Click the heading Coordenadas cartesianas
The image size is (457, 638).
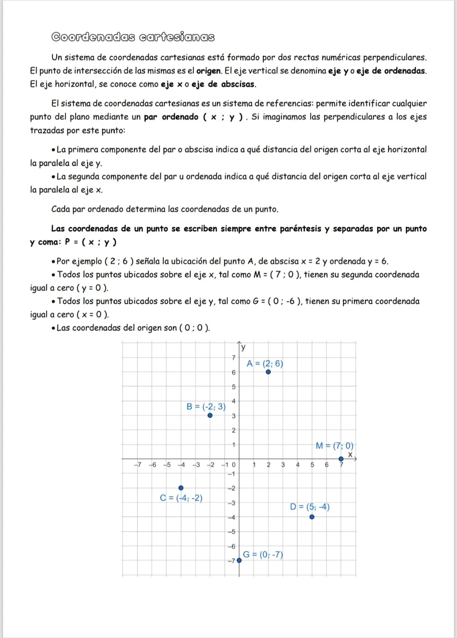(x=133, y=37)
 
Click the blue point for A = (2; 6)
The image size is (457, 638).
(x=268, y=372)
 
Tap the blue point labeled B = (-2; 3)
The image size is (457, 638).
(x=210, y=415)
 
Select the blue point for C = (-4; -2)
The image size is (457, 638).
(x=181, y=488)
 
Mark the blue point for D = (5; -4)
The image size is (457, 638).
(x=312, y=517)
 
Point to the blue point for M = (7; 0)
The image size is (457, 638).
(x=341, y=459)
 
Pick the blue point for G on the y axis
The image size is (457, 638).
(x=239, y=560)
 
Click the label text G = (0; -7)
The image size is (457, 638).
(x=263, y=555)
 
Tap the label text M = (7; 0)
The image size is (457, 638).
(x=334, y=446)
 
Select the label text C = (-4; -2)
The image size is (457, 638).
(x=181, y=498)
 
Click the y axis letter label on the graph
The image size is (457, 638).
(x=243, y=347)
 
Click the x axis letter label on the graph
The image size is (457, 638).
(x=350, y=454)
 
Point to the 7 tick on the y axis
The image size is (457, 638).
(x=233, y=358)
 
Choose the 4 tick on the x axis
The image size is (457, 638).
(x=297, y=465)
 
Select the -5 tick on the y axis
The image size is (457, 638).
(x=231, y=532)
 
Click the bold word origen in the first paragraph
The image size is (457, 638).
(x=209, y=71)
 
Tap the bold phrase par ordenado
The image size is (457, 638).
(x=171, y=117)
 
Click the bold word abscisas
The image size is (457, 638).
(x=238, y=84)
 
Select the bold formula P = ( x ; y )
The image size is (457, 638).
(x=91, y=242)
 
